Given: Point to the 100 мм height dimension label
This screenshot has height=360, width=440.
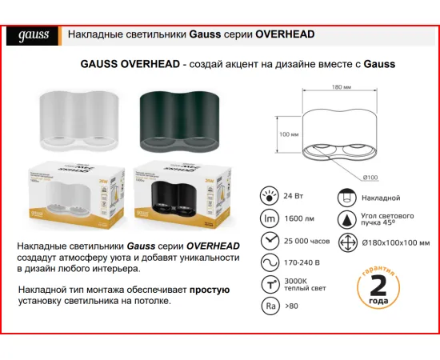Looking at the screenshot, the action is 285,134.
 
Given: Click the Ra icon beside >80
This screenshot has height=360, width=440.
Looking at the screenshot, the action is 270,305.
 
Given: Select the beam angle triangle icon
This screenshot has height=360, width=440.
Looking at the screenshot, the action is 346,220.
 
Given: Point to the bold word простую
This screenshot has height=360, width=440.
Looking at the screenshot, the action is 210,290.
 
